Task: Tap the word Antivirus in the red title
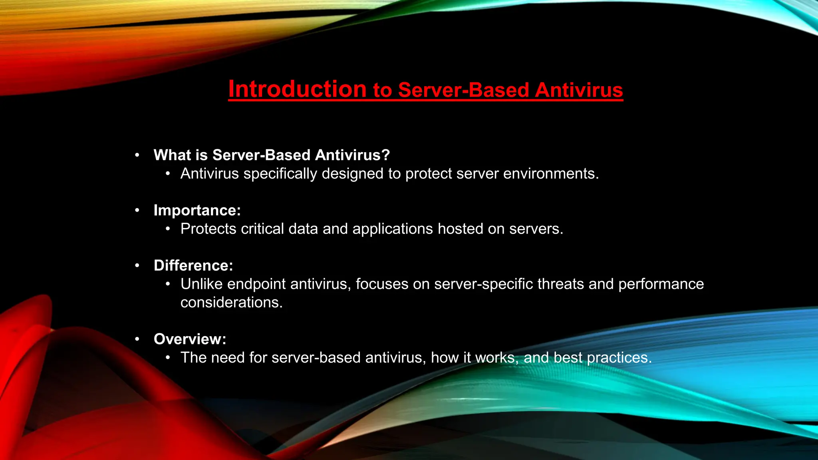click(579, 90)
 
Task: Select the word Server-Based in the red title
click(464, 90)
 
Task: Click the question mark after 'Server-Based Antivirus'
click(386, 155)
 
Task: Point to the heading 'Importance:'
click(197, 210)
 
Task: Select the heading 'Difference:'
click(193, 266)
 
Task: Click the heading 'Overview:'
click(190, 339)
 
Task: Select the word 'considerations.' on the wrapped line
click(231, 302)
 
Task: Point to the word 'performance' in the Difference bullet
click(661, 284)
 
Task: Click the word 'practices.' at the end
click(619, 357)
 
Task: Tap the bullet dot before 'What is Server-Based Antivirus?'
click(137, 155)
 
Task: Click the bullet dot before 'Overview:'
click(137, 339)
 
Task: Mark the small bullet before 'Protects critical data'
click(168, 229)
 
